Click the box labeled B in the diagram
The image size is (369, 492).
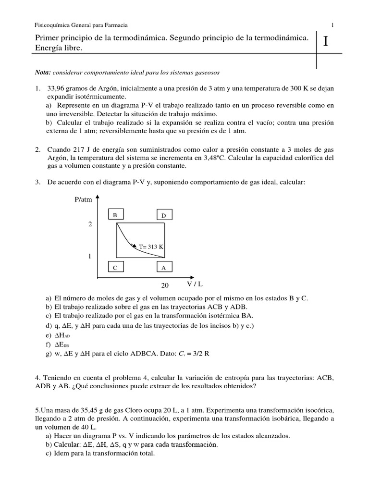[x=115, y=216]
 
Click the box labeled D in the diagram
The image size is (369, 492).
[x=164, y=216]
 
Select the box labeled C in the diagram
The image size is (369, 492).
[x=115, y=268]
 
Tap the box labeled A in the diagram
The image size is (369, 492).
[x=164, y=268]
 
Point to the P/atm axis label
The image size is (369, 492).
[x=83, y=199]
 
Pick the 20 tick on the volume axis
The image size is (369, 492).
[x=165, y=285]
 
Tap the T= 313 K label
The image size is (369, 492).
[x=151, y=246]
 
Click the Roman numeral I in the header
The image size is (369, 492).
[x=326, y=42]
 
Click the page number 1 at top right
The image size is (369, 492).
[x=332, y=25]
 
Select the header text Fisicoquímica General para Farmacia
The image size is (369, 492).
[x=82, y=25]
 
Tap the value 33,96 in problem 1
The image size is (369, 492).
[x=56, y=88]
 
